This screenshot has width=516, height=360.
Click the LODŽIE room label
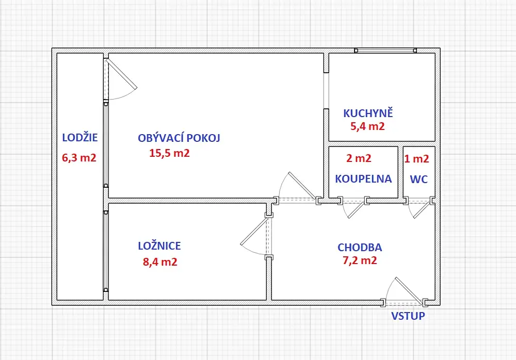click(80, 137)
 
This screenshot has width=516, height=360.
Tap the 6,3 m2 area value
click(79, 158)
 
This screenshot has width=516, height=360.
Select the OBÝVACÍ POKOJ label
click(179, 138)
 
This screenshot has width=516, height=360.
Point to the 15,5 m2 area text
click(169, 153)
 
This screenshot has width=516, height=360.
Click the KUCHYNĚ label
click(368, 112)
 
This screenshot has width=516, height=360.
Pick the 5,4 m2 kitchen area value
click(367, 126)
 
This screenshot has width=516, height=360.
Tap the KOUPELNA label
click(364, 178)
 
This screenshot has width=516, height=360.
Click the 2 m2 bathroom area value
click(359, 158)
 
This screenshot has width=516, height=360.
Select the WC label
click(419, 179)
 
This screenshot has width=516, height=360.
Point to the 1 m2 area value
click(416, 159)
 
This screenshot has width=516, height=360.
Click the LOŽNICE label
click(159, 246)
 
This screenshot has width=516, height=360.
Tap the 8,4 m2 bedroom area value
click(160, 261)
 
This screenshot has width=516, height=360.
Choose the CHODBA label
click(360, 247)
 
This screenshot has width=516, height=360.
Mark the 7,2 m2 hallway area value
click(360, 260)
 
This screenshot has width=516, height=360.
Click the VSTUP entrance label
click(408, 316)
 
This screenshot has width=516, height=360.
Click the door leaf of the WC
click(422, 210)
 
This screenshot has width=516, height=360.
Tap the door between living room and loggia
click(121, 74)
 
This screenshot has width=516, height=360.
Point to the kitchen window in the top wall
click(385, 51)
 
